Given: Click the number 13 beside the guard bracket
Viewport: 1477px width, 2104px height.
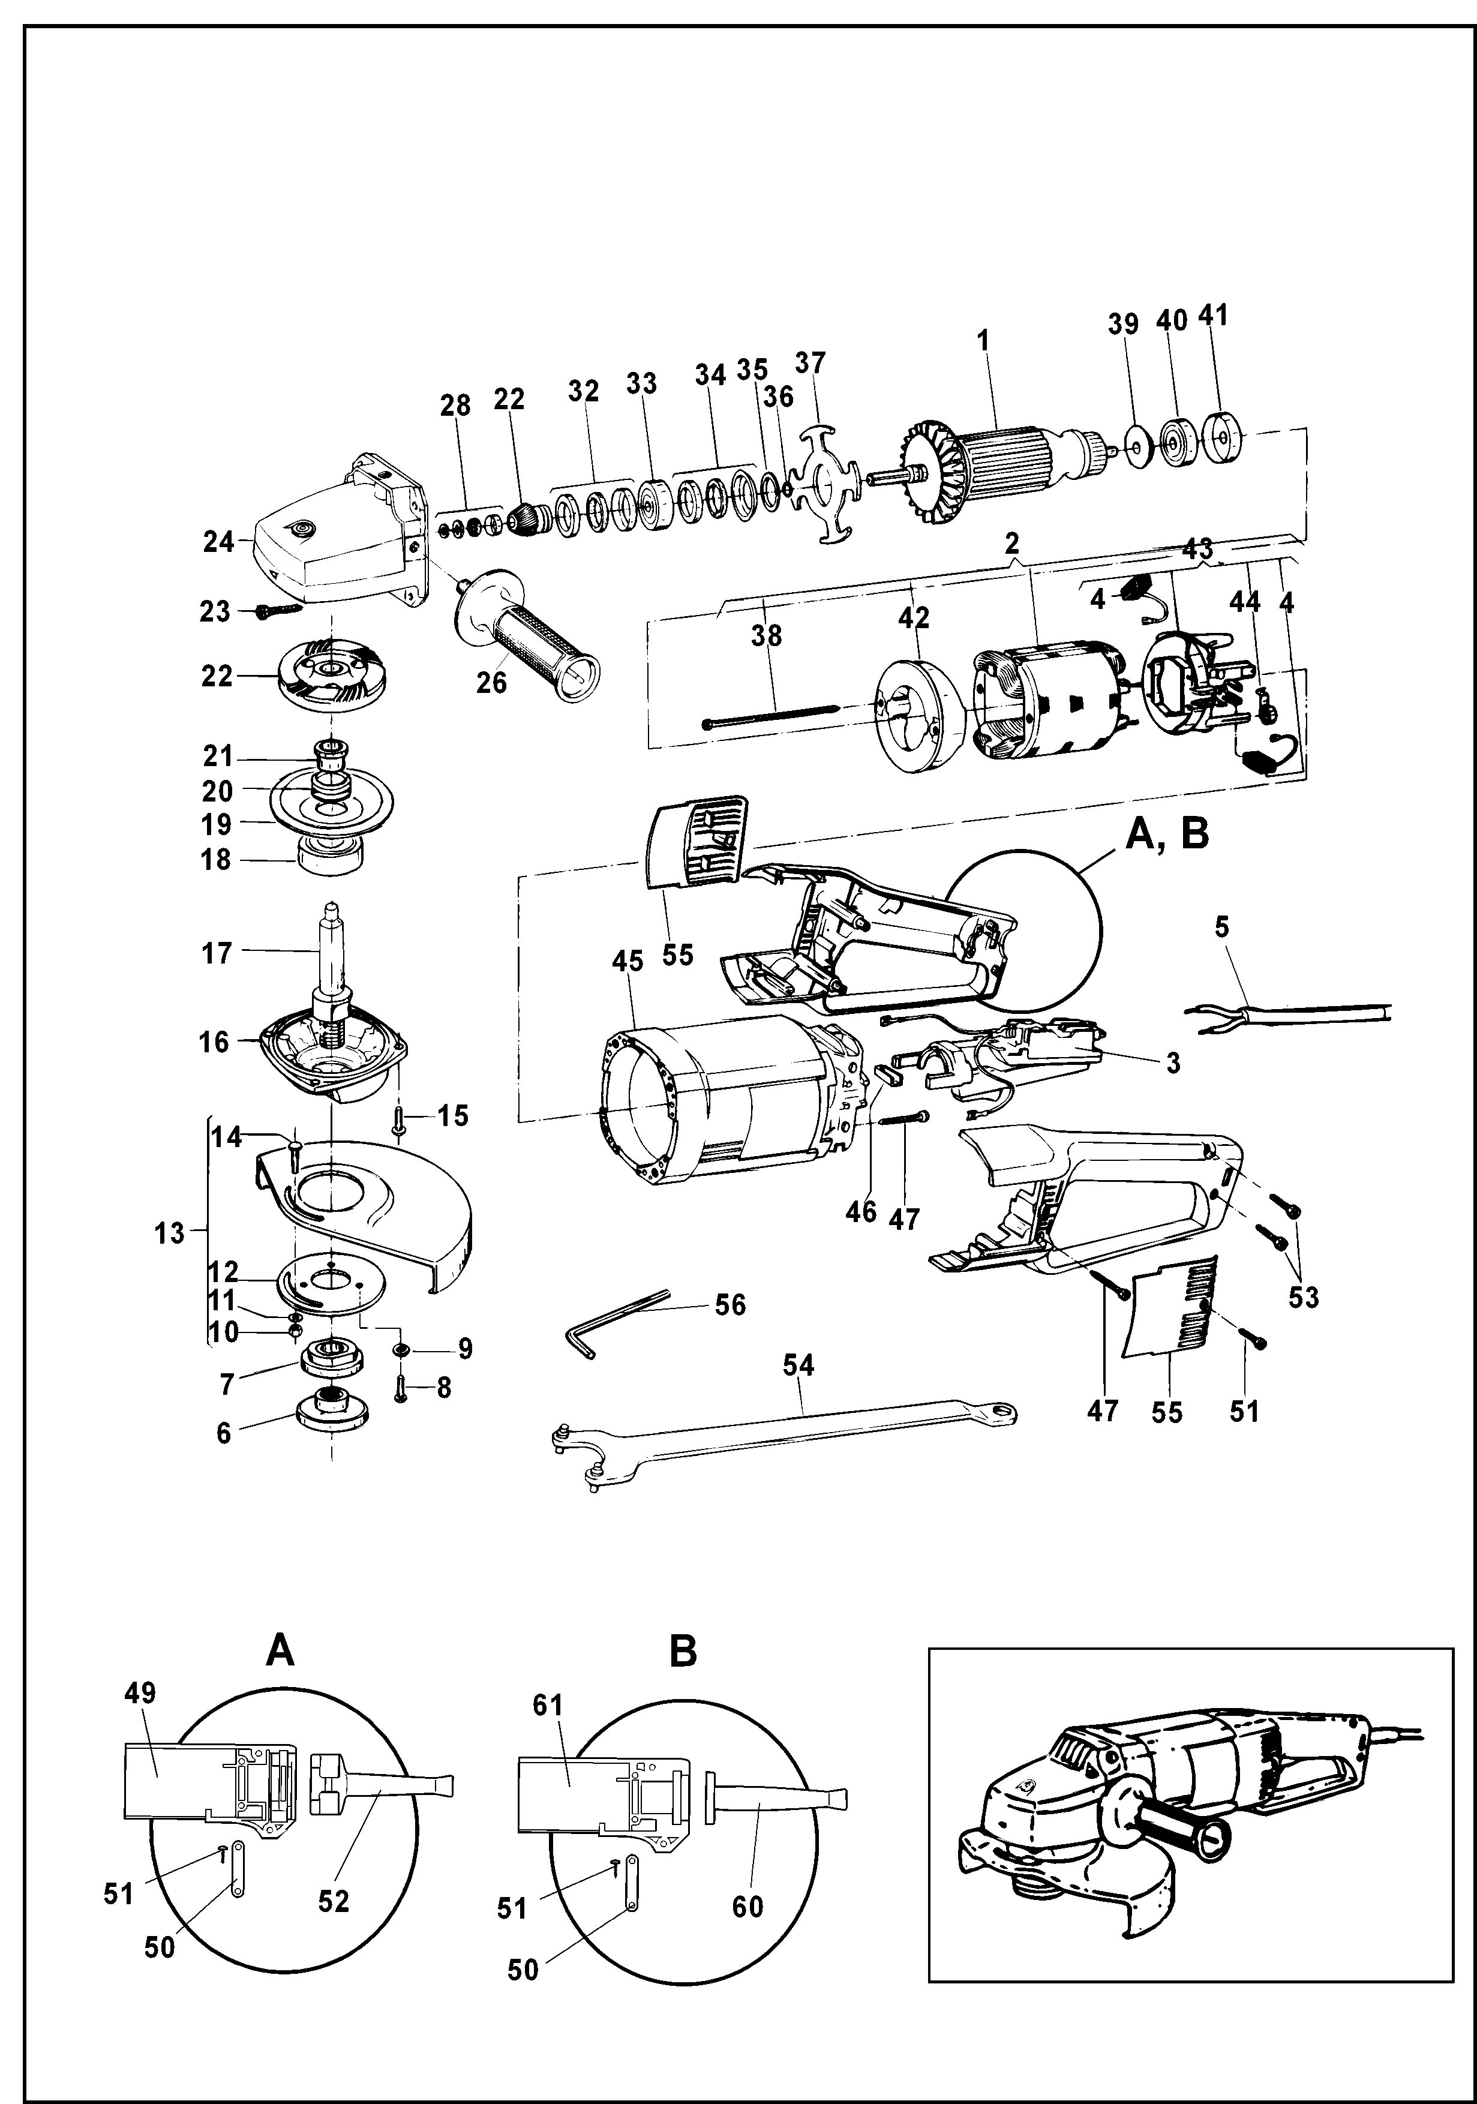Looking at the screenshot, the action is tap(170, 1233).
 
